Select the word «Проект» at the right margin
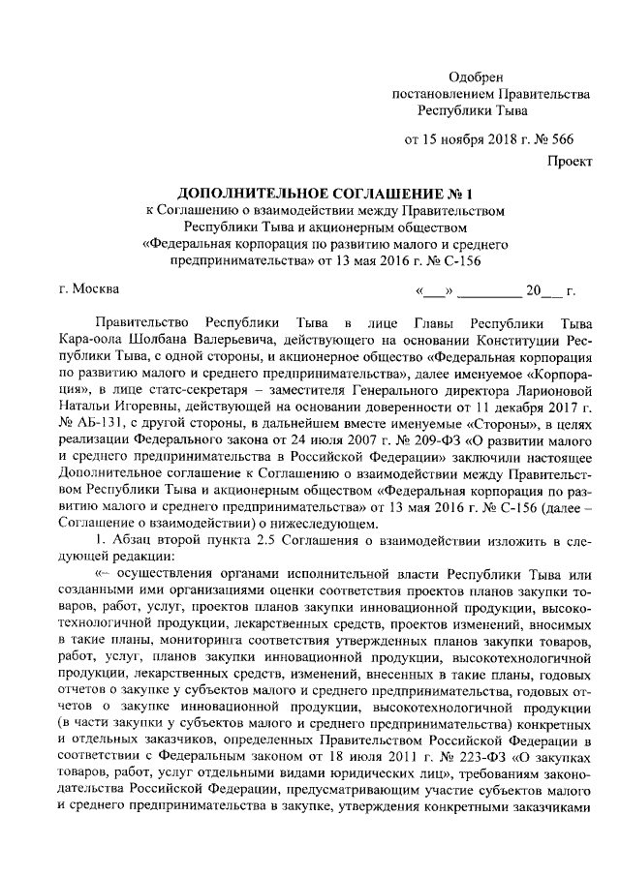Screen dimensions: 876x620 click(x=569, y=163)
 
